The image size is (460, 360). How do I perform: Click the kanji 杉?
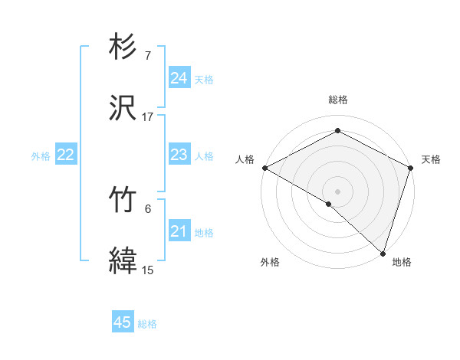(x=123, y=47)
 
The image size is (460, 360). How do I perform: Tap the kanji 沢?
(x=123, y=110)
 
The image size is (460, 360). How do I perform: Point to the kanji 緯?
(x=123, y=261)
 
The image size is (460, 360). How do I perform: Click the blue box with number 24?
(x=179, y=78)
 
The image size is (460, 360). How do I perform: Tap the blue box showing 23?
(x=179, y=155)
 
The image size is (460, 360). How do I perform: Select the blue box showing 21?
(x=179, y=231)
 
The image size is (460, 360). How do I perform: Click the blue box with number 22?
(x=66, y=155)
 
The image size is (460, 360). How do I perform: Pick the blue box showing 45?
(x=123, y=322)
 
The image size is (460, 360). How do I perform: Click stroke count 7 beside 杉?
(x=148, y=56)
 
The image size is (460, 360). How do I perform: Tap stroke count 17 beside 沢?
(x=148, y=118)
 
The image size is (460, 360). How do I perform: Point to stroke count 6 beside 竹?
(x=148, y=208)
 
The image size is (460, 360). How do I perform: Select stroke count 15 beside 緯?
(x=148, y=270)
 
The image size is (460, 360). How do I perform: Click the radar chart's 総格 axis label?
(x=337, y=100)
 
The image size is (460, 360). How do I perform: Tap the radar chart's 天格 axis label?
(x=431, y=159)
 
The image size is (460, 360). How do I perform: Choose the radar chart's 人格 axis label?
(x=245, y=159)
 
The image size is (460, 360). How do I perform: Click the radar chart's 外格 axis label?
(x=270, y=262)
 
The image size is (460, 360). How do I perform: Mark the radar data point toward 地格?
(x=383, y=253)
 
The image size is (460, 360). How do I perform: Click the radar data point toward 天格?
(x=411, y=167)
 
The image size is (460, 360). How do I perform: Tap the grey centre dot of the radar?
(x=337, y=191)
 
